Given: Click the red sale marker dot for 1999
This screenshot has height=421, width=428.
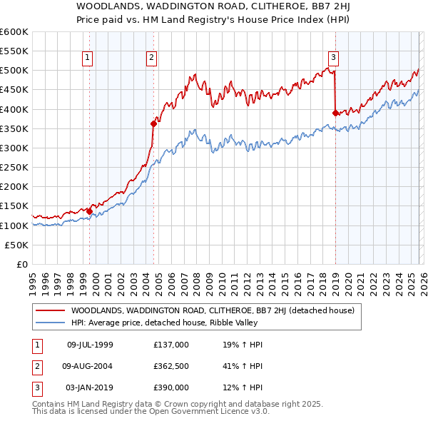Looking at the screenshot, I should coord(89,211).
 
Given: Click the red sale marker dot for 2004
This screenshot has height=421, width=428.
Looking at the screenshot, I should coord(153,123).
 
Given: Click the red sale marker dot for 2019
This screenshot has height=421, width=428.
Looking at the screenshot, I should coord(335,113).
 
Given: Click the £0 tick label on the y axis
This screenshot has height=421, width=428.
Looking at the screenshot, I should coord(21,264).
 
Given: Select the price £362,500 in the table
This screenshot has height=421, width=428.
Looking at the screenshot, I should coord(171,366).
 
